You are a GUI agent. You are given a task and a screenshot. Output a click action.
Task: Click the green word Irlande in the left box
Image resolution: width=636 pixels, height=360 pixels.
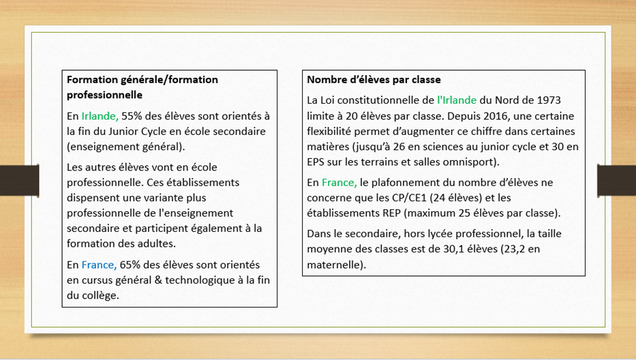click(100, 116)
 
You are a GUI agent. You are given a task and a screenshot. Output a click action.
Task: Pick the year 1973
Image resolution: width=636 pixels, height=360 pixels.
click(547, 100)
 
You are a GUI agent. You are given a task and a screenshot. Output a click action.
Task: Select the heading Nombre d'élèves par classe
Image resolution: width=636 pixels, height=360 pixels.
click(374, 80)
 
